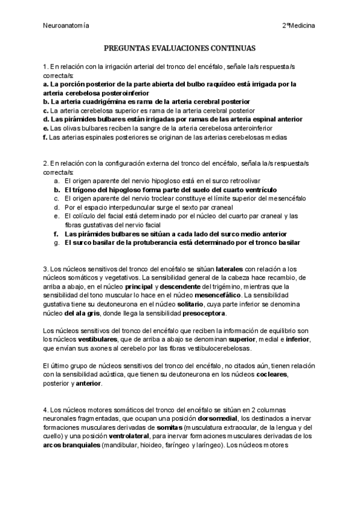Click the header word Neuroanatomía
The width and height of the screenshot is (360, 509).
point(67,26)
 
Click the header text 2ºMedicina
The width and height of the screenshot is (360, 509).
point(299,26)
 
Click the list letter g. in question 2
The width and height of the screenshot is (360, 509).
point(56,242)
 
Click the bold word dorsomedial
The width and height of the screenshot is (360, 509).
point(217,418)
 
